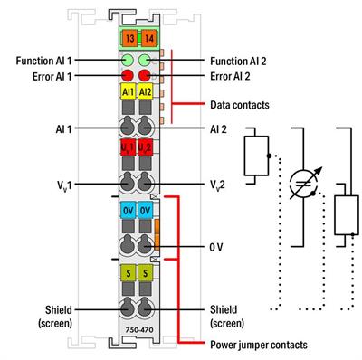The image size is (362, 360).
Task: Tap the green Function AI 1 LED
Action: pyautogui.click(x=128, y=62)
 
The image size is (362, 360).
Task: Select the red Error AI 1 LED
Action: pyautogui.click(x=128, y=77)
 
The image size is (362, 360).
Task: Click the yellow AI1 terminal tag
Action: pyautogui.click(x=127, y=94)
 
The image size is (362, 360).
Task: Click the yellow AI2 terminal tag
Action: pyautogui.click(x=145, y=94)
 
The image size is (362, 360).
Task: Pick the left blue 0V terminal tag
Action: pyautogui.click(x=127, y=213)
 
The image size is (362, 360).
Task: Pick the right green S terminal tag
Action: pyautogui.click(x=145, y=271)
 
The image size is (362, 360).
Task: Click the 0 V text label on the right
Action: pyautogui.click(x=217, y=245)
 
